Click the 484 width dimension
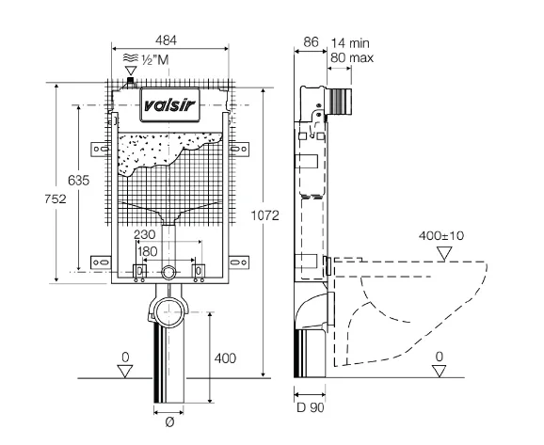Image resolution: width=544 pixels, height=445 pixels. [166, 40]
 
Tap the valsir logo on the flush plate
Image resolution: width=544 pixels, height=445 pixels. [169, 104]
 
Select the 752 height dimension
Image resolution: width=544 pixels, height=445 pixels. [56, 199]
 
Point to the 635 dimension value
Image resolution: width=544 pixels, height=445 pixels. [78, 181]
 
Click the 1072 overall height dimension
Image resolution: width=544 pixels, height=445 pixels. [265, 215]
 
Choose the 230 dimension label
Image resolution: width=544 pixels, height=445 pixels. [145, 235]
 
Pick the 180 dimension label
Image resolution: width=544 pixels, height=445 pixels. [148, 251]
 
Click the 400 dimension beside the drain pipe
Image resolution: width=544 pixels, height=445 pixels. [225, 358]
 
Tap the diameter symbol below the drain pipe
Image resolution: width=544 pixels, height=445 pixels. [169, 422]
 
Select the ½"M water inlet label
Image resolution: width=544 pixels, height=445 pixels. [155, 60]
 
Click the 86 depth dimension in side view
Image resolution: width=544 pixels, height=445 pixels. [311, 42]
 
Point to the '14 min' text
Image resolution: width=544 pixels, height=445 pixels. [350, 43]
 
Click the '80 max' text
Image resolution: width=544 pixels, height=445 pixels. [352, 57]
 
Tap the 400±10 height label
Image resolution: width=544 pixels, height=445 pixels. [441, 236]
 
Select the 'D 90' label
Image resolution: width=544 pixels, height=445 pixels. [311, 407]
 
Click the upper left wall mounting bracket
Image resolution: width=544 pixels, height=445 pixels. [101, 150]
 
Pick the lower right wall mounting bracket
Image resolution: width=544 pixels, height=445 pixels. [239, 262]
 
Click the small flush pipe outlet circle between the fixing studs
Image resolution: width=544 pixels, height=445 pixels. [168, 272]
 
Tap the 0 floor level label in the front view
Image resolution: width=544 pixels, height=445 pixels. [125, 358]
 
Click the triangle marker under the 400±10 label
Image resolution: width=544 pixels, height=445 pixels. [444, 253]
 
